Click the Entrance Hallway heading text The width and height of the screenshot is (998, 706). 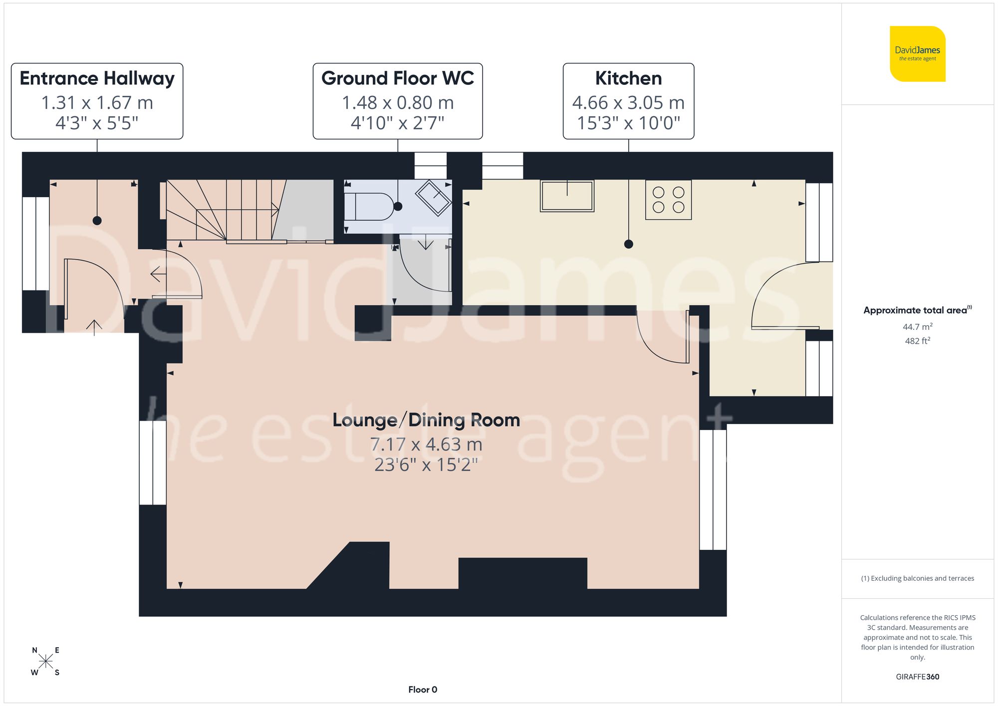tap(97, 78)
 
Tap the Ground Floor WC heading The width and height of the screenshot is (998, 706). tap(398, 78)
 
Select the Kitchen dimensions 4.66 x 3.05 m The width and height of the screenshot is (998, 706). tap(628, 103)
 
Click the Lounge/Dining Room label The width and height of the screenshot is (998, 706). tap(426, 420)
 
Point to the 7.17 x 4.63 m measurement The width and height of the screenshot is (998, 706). tap(426, 444)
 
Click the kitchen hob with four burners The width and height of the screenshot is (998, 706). tap(668, 200)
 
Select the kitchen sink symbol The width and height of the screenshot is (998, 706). tap(567, 196)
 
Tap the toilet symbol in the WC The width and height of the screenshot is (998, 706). tap(369, 207)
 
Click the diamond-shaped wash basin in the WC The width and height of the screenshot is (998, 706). tap(433, 198)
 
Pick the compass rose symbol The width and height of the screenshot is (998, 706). tap(45, 662)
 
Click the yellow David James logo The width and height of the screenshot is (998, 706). tap(917, 54)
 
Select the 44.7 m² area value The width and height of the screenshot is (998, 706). tap(917, 327)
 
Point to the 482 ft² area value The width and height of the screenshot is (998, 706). tap(917, 341)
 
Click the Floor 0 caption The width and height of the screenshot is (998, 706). tap(423, 690)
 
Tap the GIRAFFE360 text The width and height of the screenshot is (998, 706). tap(917, 677)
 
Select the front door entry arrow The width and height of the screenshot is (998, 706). tap(94, 327)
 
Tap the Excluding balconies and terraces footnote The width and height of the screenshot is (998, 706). tap(917, 578)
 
